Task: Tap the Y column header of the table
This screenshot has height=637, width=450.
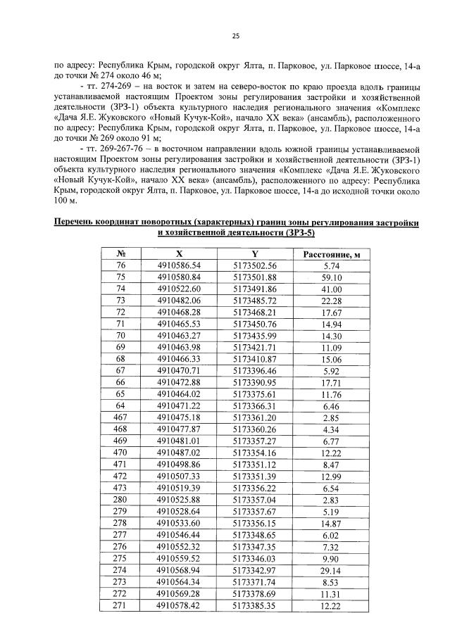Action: click(254, 254)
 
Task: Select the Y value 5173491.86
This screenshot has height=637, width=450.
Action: click(254, 289)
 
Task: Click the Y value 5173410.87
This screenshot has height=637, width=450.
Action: click(254, 360)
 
